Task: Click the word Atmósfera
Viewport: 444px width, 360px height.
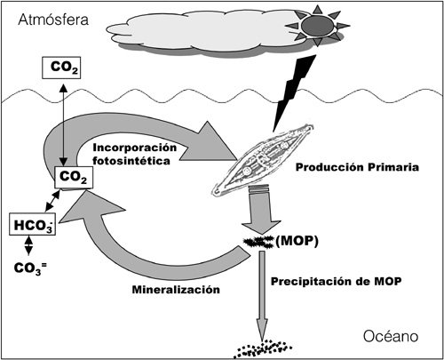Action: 53,20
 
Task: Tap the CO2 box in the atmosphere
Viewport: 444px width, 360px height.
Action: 61,68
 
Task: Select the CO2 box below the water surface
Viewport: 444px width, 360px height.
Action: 74,177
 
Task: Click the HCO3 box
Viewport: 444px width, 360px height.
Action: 32,225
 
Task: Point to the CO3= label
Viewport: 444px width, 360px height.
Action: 30,268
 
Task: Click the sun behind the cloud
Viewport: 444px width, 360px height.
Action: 317,26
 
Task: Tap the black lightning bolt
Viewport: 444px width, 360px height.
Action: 294,92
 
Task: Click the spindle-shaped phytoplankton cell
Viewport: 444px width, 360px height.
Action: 263,160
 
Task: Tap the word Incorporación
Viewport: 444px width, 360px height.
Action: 135,148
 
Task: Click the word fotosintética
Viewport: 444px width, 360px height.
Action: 131,161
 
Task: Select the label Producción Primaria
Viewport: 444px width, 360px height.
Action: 357,167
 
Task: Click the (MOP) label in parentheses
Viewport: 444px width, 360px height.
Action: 297,241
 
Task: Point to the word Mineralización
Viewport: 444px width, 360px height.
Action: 176,290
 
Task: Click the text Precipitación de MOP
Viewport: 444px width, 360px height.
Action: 337,281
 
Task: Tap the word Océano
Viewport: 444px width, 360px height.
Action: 391,337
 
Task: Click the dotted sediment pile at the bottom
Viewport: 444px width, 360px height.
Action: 263,348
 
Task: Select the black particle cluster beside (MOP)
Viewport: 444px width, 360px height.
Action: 258,242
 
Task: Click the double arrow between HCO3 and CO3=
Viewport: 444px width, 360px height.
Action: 28,245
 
